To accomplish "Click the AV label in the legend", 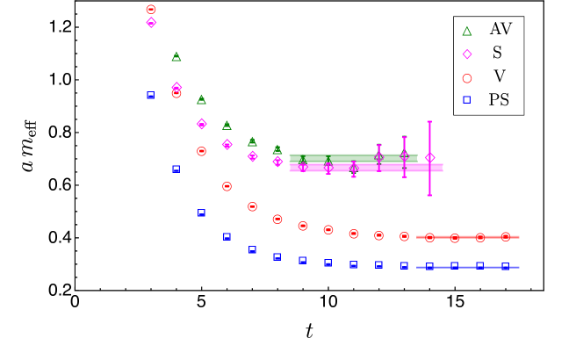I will [x=500, y=29].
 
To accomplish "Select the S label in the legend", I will [x=497, y=53].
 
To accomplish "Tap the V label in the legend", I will [x=499, y=76].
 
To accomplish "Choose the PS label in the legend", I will [x=499, y=100].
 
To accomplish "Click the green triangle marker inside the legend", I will [x=467, y=31].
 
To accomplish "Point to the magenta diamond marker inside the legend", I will [x=467, y=54].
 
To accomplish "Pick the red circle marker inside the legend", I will [x=467, y=77].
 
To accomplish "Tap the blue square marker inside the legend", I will [x=467, y=100].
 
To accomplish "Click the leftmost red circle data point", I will [x=151, y=9].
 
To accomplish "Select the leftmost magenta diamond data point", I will [x=151, y=22].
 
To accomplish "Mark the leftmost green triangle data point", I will [x=176, y=56].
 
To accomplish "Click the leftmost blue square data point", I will [x=151, y=95].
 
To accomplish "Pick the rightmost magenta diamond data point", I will [x=429, y=158].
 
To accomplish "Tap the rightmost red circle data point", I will [x=506, y=236].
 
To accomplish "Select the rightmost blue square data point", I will [x=506, y=266].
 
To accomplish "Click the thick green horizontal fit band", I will [x=351, y=157].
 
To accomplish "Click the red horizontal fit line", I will [x=467, y=237].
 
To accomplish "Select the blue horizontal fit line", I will [x=467, y=267].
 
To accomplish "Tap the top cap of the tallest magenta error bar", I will [x=429, y=122].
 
